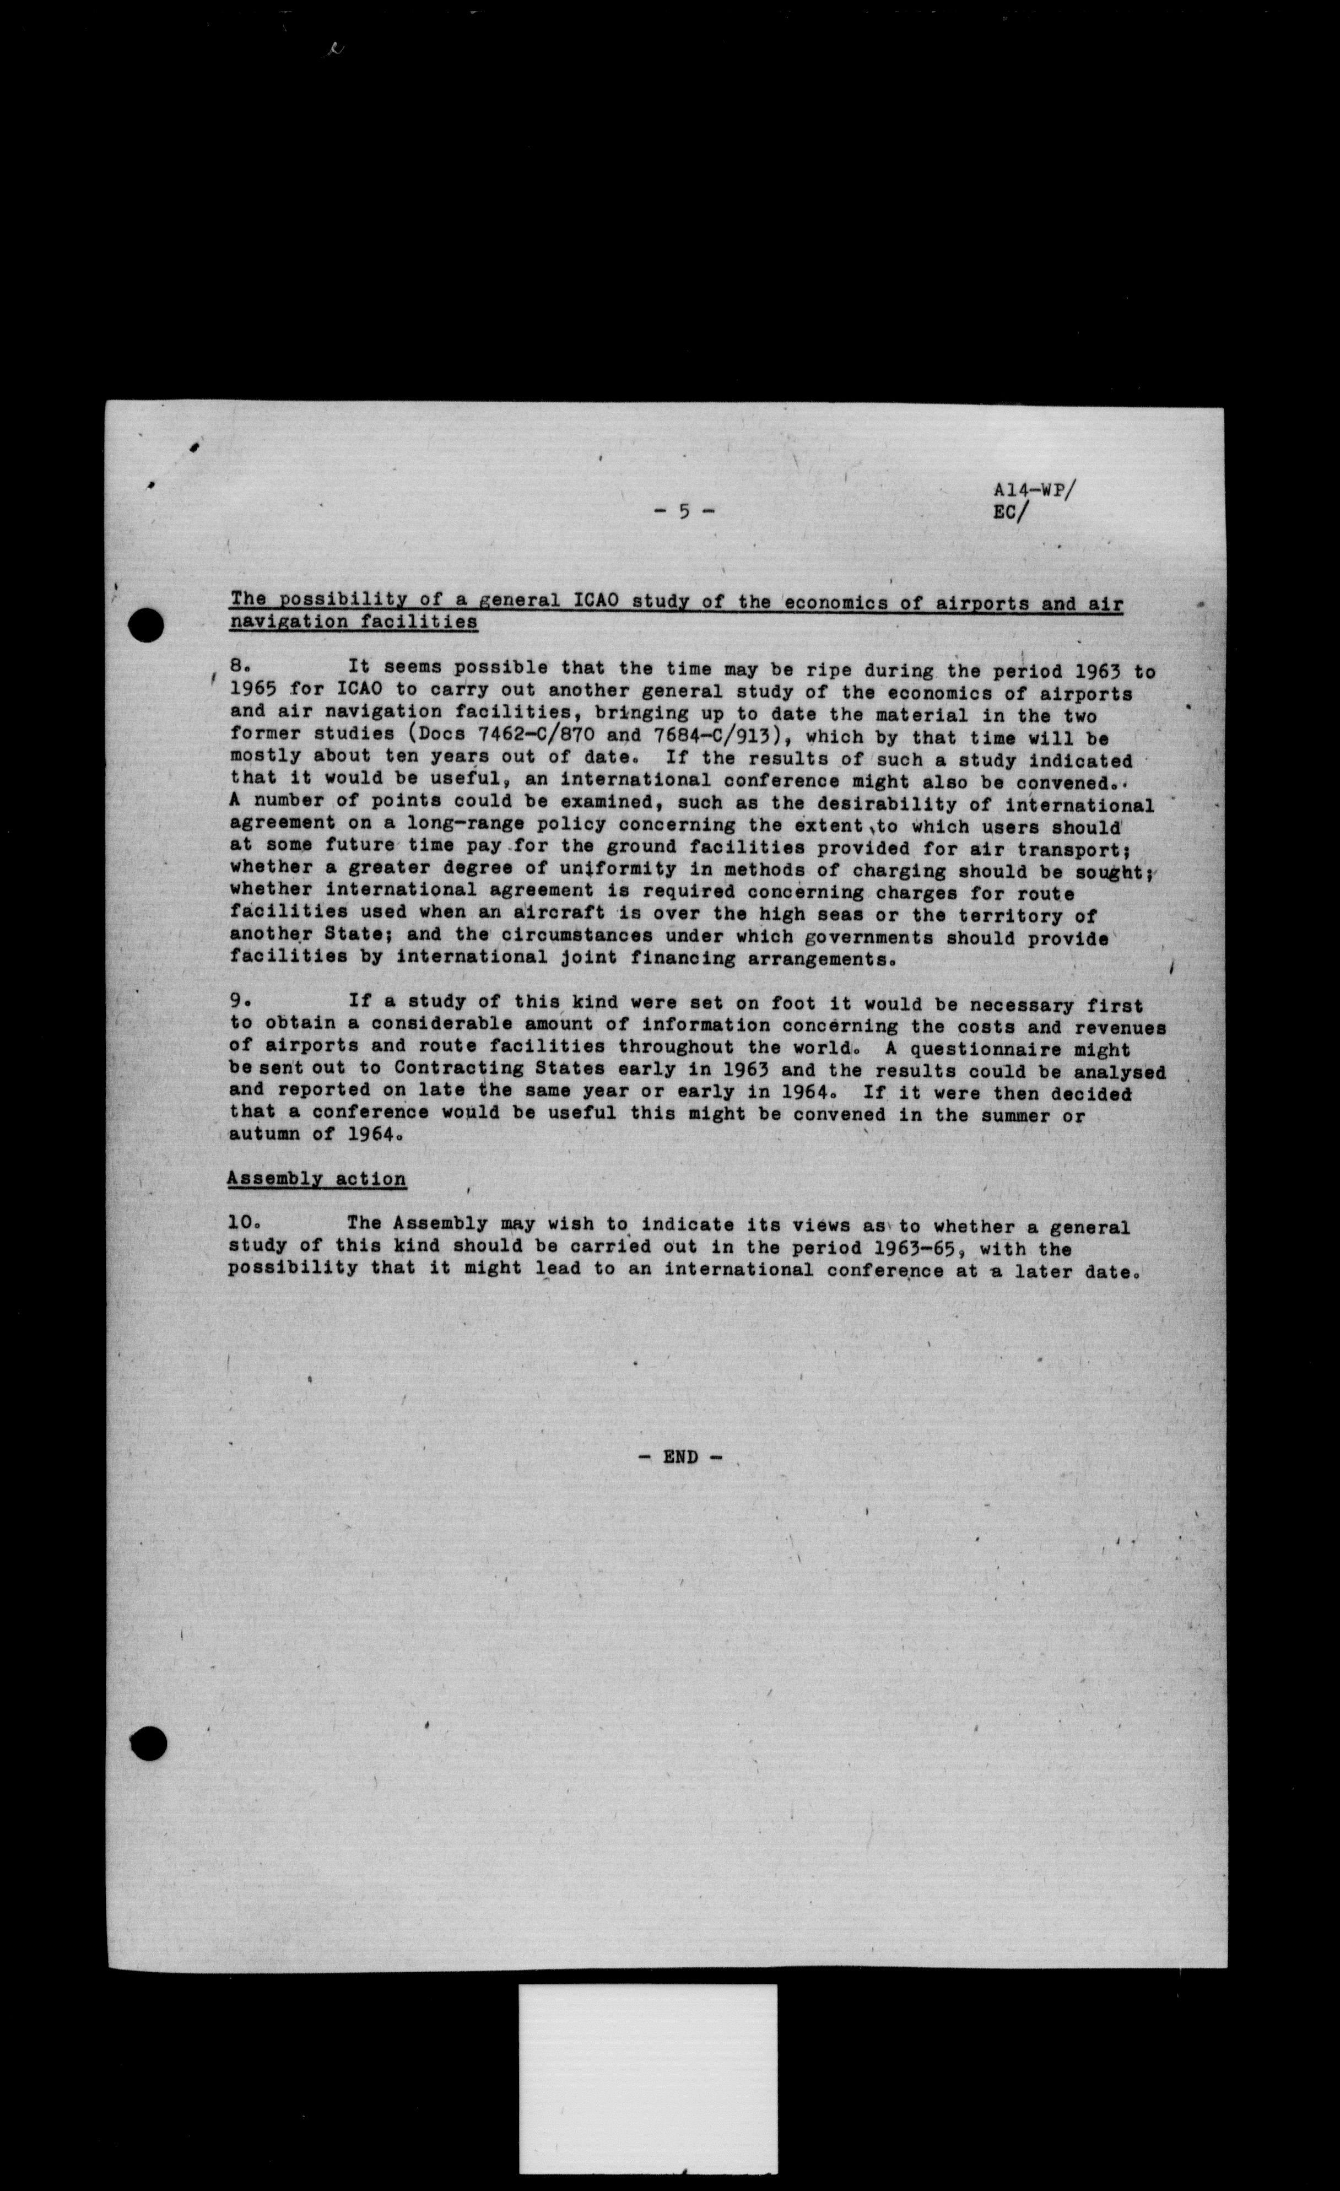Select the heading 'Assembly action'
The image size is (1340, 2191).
[317, 1179]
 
